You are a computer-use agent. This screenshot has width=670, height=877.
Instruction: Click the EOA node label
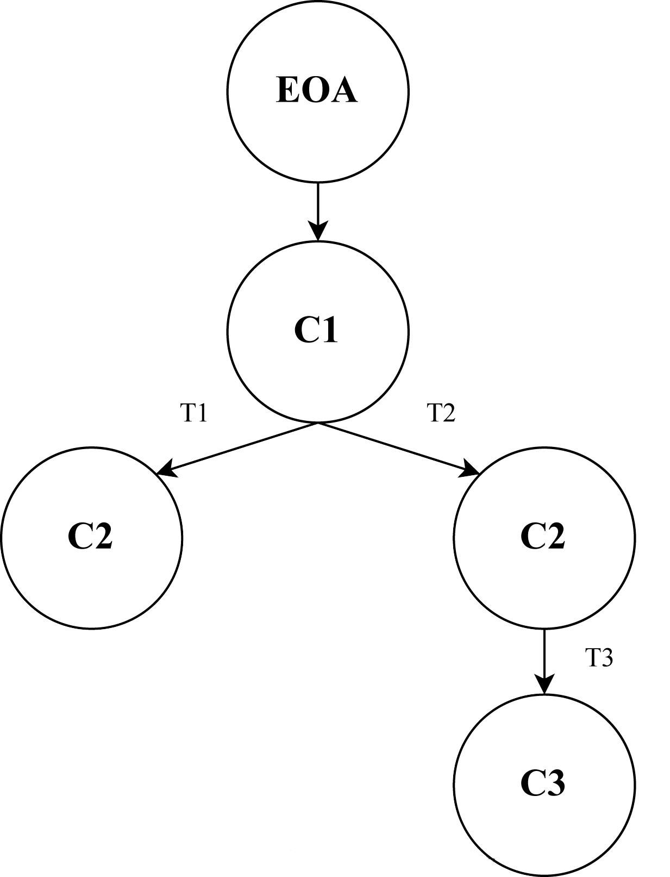317,90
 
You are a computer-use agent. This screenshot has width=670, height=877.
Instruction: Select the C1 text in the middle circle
316,330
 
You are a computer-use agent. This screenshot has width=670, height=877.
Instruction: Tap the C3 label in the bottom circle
543,783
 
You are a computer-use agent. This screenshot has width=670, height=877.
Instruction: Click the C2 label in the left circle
90,537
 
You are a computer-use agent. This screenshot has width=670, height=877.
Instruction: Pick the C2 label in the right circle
543,537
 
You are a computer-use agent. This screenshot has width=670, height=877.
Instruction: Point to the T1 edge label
194,414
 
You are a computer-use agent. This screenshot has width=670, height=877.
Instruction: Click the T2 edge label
441,413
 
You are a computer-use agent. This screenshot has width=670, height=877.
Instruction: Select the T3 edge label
599,658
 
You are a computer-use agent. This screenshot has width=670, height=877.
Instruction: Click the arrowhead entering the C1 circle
318,231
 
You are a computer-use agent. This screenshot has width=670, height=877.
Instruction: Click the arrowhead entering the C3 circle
544,685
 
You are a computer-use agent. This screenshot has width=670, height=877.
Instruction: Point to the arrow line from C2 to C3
544,652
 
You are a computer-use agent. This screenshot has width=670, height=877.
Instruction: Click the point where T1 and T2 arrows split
318,423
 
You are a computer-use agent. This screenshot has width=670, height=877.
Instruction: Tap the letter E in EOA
287,90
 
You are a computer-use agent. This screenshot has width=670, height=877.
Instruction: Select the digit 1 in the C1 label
329,330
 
